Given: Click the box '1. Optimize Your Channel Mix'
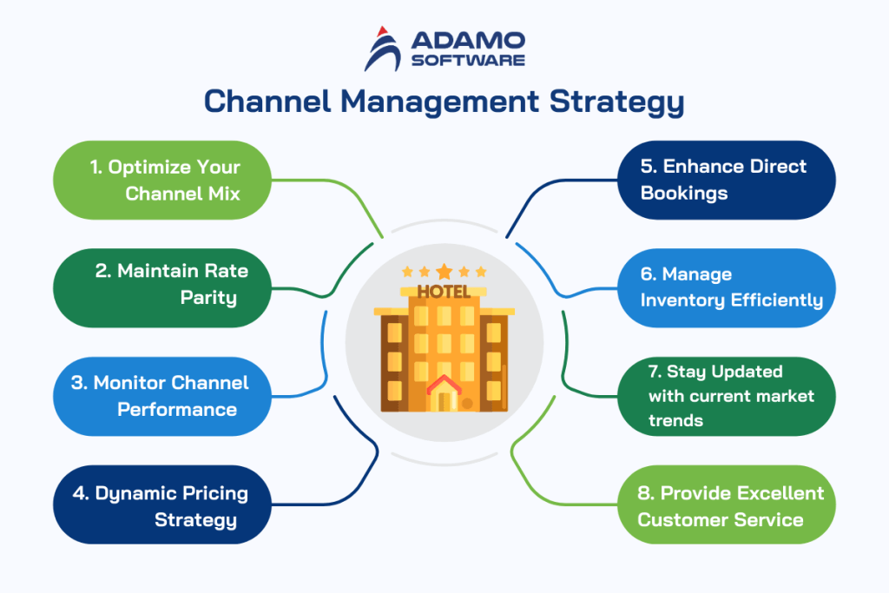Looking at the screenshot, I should tap(161, 180).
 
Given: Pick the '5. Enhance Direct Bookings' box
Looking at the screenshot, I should tap(725, 180).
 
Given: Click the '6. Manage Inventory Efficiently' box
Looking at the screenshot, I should tap(725, 287).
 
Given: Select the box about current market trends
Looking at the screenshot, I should tap(725, 396).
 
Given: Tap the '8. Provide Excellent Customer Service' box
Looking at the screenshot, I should tap(725, 506).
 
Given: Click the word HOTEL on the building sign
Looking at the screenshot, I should tap(444, 292).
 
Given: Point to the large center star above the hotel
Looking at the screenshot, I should tap(444, 272).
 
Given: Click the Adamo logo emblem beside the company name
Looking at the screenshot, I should tap(382, 48).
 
